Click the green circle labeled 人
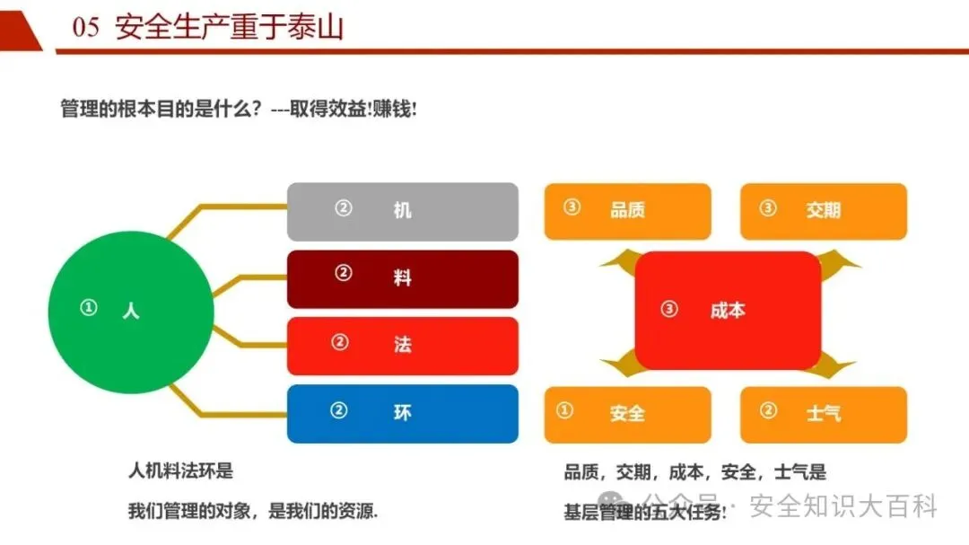[x=131, y=312]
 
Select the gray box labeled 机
[x=402, y=211]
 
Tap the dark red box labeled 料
[x=402, y=278]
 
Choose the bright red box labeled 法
[x=402, y=346]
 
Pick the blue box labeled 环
[x=402, y=413]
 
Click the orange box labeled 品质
[x=627, y=211]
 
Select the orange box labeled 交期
[x=823, y=211]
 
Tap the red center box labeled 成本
[x=728, y=311]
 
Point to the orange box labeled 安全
[x=627, y=414]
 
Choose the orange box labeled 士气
[x=823, y=414]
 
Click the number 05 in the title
[x=85, y=28]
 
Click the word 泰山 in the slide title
[x=319, y=28]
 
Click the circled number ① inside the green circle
[x=88, y=308]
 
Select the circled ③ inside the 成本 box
[x=668, y=309]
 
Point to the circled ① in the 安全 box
[x=564, y=410]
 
